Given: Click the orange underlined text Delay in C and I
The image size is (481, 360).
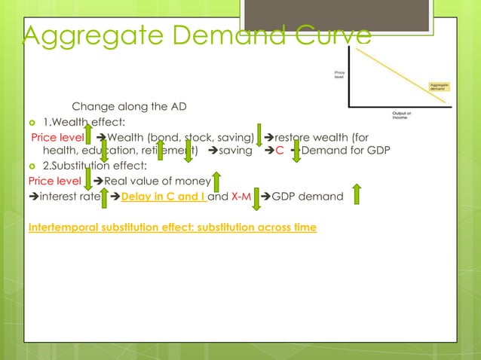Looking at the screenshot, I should tap(163, 197).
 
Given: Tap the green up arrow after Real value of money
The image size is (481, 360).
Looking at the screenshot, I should tap(216, 182).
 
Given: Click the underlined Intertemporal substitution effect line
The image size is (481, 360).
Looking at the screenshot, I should tap(172, 227).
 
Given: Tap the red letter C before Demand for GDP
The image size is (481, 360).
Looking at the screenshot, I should tap(280, 149).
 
